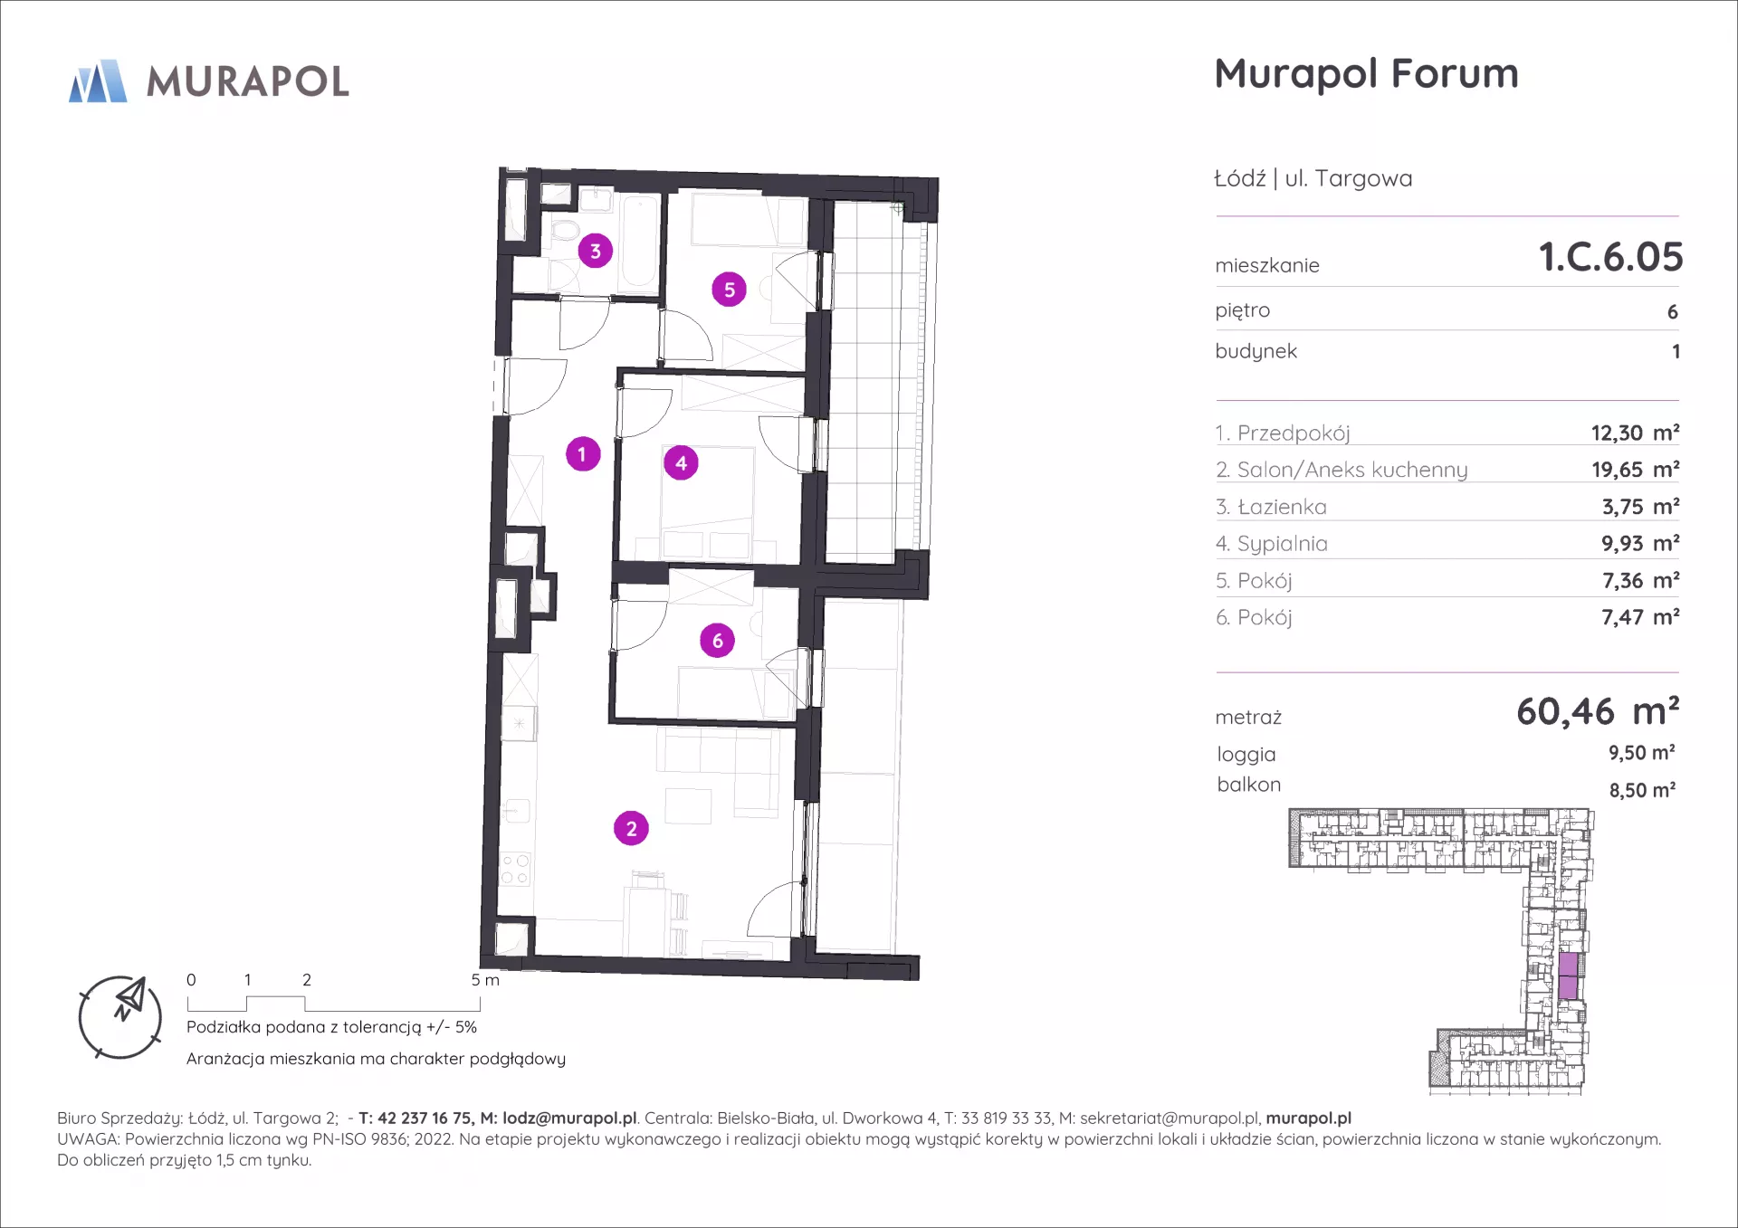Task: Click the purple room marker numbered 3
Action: [595, 251]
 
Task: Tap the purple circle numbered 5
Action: [729, 290]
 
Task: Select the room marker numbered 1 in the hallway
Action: [582, 453]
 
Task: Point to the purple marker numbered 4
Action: [681, 463]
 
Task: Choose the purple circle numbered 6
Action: [717, 641]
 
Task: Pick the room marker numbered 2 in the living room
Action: [631, 828]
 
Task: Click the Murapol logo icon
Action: [98, 81]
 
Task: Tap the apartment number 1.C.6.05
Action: [1610, 257]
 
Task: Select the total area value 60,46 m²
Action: [1598, 711]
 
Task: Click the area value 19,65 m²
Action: [1635, 470]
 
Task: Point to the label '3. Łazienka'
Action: [1271, 507]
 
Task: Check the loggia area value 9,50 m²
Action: [1641, 753]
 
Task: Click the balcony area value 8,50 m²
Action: [1642, 790]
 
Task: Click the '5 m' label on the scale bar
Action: [485, 980]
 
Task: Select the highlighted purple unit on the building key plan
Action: [1569, 976]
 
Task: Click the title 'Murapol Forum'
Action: [1366, 73]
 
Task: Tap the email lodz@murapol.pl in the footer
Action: [569, 1119]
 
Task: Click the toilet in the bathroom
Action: [565, 229]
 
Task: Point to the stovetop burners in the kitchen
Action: [515, 870]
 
